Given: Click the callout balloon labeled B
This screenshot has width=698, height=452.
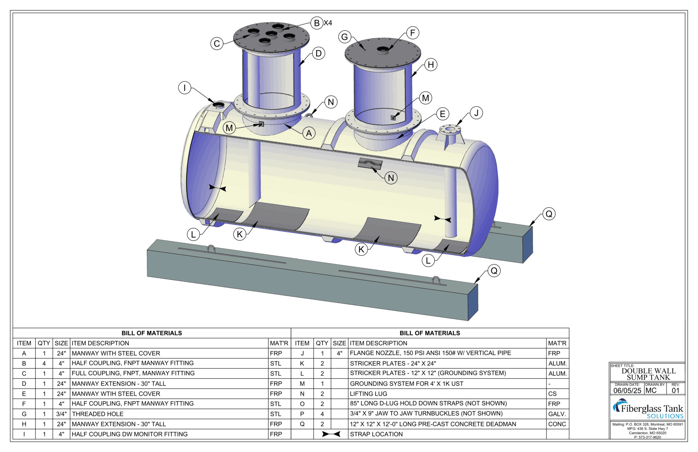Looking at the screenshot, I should coord(317,23).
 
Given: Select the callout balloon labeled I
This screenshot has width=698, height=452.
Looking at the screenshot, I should coord(184,88).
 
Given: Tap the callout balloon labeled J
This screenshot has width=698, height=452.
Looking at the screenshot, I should coord(476,113).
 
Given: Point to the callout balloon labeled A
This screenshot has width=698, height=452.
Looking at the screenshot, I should coord(309,133).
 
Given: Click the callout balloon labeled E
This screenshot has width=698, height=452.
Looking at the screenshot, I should coord(442,114).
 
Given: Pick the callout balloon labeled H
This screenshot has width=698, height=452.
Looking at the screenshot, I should coord(431,64).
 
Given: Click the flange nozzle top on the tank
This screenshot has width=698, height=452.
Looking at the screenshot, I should coord(450,129).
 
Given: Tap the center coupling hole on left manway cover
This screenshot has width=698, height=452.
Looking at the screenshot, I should coord(271,33).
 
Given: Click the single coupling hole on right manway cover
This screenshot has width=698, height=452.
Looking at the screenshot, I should coord(383,50).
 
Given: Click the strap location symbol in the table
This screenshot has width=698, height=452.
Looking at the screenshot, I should coord(331,434).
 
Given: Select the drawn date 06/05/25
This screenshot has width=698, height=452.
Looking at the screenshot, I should coord(627,391).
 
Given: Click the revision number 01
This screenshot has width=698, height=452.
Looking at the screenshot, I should coord(676,391).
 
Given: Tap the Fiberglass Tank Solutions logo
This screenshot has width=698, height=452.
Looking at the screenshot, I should coord(648,409).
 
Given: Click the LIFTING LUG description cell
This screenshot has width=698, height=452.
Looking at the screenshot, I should coord(368,394).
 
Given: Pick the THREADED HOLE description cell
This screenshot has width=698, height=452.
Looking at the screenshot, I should coord(98,414).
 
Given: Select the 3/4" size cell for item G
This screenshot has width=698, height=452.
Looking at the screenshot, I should coord(61,414).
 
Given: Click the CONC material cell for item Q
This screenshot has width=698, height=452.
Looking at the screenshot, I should coord(557,424).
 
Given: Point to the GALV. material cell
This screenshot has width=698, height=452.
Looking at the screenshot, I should coord(557,414).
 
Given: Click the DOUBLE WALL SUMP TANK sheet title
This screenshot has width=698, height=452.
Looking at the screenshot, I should coord(648,374).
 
